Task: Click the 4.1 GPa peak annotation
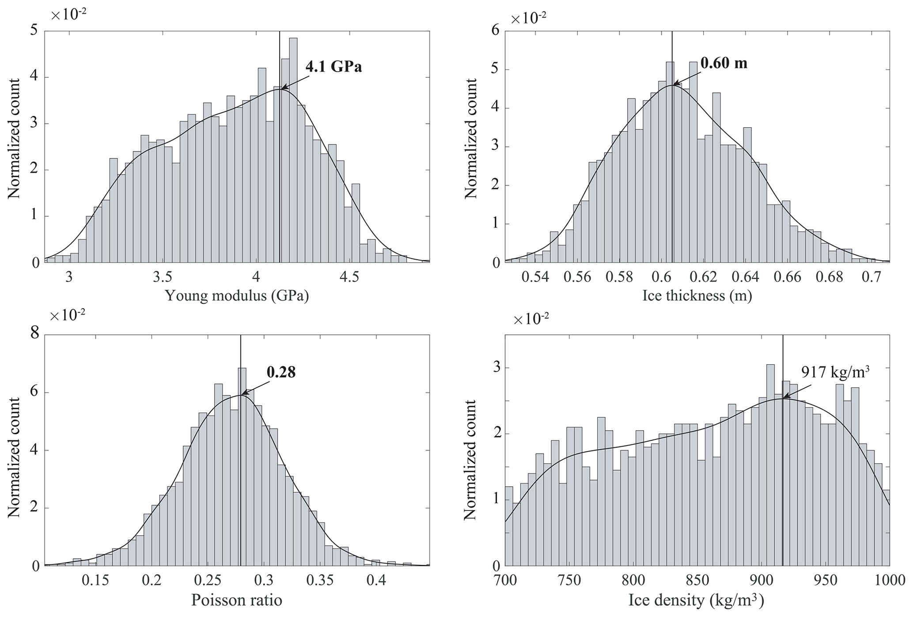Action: click(333, 67)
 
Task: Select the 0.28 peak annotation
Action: click(281, 372)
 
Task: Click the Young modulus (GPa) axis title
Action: click(237, 295)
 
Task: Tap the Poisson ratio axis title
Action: click(237, 600)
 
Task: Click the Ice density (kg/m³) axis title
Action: click(697, 600)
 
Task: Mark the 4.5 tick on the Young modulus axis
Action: click(349, 277)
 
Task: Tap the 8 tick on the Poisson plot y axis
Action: click(34, 334)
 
